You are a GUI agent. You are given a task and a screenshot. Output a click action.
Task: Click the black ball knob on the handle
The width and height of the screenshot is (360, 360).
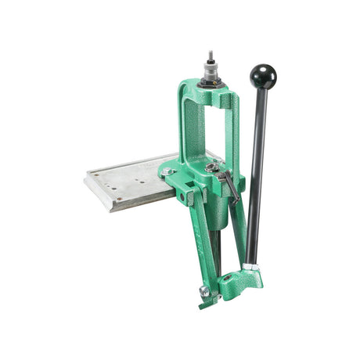pyautogui.click(x=263, y=76)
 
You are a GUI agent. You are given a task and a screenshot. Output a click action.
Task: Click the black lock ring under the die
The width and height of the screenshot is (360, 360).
pyautogui.click(x=210, y=81)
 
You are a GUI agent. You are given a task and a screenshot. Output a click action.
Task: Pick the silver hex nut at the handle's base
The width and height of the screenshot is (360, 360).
pyautogui.click(x=249, y=267)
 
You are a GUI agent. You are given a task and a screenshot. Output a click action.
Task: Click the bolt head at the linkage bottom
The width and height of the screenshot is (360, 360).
pyautogui.click(x=205, y=291)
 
